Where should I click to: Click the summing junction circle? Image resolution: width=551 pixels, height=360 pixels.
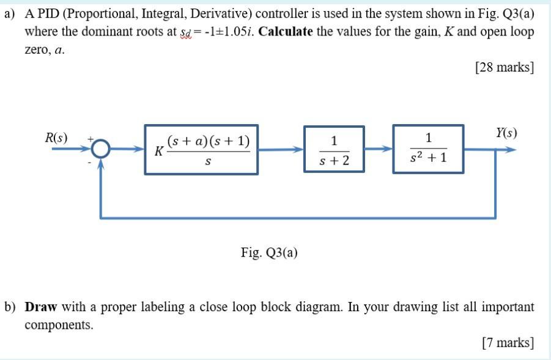pos(102,149)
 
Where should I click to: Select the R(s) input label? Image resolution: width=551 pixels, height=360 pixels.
pos(56,138)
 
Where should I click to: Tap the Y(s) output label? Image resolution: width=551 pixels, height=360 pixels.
pos(506,132)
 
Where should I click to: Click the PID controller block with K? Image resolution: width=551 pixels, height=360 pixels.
pos(201,150)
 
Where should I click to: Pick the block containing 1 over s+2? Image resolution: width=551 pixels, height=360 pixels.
pos(334,149)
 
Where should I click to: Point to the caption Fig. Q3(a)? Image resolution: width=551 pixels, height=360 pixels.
pos(269,252)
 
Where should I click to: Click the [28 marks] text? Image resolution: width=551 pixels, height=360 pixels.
pos(505,67)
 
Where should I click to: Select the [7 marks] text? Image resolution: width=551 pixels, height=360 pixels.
pos(508,343)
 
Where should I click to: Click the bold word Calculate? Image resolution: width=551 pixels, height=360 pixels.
pos(286,32)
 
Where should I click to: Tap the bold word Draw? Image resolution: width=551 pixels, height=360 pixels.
pos(40,307)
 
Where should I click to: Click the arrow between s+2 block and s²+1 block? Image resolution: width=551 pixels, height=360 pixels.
pos(379,149)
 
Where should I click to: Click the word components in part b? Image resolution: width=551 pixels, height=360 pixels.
pos(59,325)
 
